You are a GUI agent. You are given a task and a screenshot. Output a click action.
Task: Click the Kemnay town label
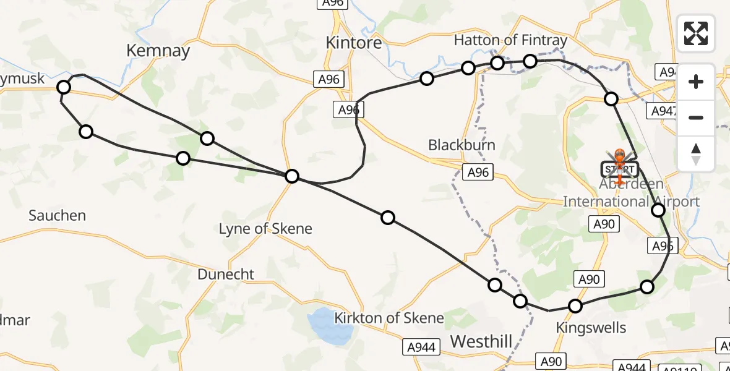[x=158, y=50]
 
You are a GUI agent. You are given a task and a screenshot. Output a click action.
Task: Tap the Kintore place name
[x=354, y=42]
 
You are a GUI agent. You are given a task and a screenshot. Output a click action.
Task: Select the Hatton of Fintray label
[x=510, y=40]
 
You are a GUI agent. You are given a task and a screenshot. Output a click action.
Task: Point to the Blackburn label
[x=462, y=145]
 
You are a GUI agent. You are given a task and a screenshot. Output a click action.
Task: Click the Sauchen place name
[x=57, y=216]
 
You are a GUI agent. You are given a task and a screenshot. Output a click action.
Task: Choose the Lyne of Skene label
[x=265, y=229]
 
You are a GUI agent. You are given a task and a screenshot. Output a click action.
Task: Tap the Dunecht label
[x=226, y=274]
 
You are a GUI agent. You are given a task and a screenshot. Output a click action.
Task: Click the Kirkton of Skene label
[x=389, y=318]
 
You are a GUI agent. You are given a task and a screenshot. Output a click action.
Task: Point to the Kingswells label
[x=591, y=328]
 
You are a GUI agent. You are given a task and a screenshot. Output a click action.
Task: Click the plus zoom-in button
[x=696, y=82]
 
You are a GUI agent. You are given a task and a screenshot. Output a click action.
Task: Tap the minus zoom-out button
[x=696, y=117]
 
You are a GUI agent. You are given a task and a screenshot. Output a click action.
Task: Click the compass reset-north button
[x=696, y=153]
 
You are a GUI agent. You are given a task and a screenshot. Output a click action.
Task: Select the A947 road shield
[x=663, y=111]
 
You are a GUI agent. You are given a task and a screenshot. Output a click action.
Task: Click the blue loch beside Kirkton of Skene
[x=329, y=324]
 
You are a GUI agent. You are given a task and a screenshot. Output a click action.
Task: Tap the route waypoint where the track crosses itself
[x=292, y=177]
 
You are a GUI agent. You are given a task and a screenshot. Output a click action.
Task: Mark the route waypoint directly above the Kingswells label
[x=575, y=306]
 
